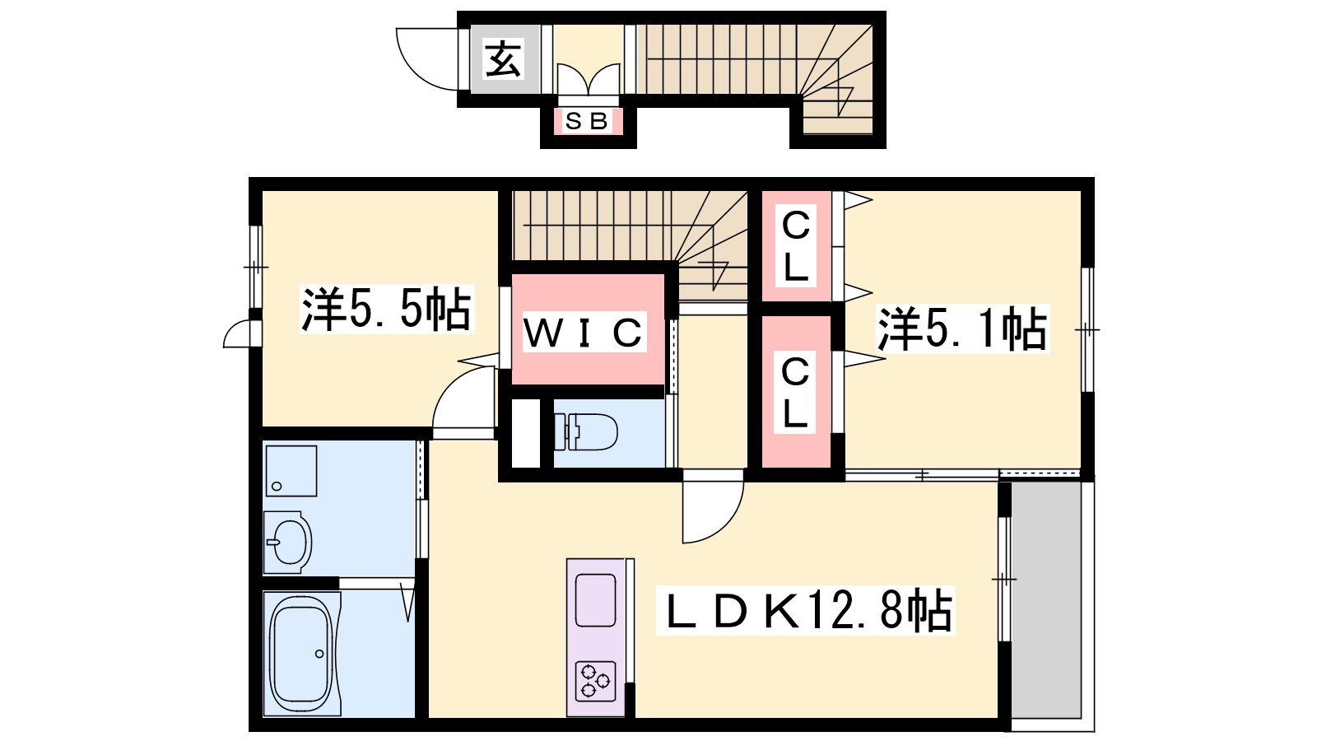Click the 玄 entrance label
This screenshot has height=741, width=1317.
[x=503, y=58]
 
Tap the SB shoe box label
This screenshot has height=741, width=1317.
[x=587, y=121]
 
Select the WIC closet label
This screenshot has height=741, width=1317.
[x=583, y=333]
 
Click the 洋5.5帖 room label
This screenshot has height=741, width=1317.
[x=386, y=310]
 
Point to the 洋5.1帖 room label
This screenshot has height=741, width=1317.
[x=962, y=329]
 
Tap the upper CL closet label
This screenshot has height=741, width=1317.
[x=795, y=246]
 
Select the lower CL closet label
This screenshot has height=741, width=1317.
[x=795, y=393]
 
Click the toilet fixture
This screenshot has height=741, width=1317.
[x=586, y=431]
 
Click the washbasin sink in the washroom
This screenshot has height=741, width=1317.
[x=288, y=542]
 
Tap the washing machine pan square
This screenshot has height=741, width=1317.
[x=291, y=471]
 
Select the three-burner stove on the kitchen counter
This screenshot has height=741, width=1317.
[x=596, y=681]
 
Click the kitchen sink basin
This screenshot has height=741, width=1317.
[x=596, y=600]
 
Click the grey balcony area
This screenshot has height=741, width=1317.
[x=1046, y=600]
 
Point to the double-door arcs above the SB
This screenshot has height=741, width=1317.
[x=589, y=77]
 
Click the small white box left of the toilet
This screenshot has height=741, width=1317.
[x=526, y=433]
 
